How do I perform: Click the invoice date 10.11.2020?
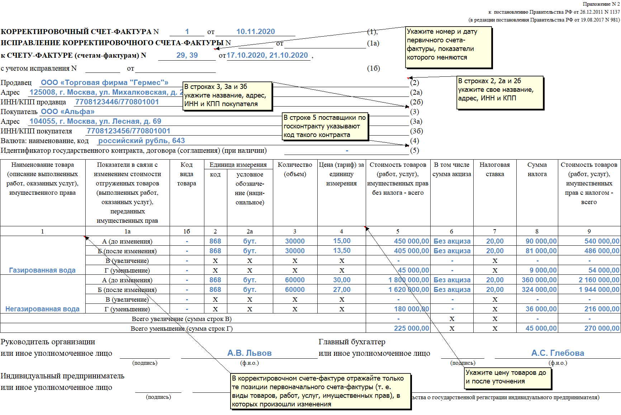click(x=255, y=32)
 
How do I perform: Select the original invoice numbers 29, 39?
click(x=187, y=55)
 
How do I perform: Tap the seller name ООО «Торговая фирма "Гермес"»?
click(x=104, y=82)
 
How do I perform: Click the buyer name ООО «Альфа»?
click(x=67, y=112)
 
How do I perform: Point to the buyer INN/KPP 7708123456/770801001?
click(x=128, y=131)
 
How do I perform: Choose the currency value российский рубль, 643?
click(x=142, y=141)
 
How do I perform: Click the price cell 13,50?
click(x=342, y=251)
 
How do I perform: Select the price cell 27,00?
click(x=342, y=289)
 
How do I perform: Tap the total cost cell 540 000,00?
click(x=602, y=241)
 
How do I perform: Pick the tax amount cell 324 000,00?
click(x=539, y=289)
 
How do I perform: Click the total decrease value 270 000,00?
click(x=602, y=328)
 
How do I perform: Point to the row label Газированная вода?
click(x=42, y=270)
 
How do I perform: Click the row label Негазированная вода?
click(x=42, y=309)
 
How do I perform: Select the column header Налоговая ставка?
click(x=494, y=169)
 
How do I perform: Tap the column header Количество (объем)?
click(x=295, y=169)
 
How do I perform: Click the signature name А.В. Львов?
click(x=249, y=353)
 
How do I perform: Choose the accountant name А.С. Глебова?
click(x=558, y=353)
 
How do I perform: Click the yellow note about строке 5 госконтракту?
click(x=325, y=126)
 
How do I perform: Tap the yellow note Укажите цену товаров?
click(x=507, y=377)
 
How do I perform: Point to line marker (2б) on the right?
click(x=416, y=102)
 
